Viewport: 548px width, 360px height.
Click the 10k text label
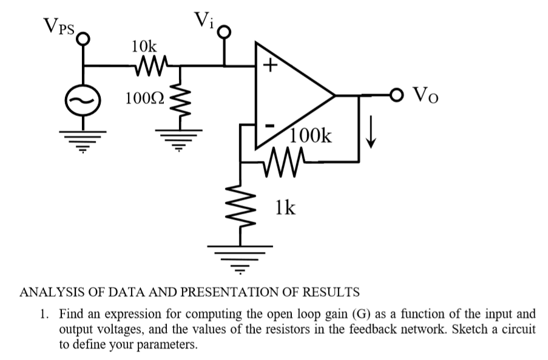(144, 46)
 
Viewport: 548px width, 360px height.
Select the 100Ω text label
(144, 98)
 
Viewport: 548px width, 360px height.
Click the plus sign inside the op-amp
(269, 64)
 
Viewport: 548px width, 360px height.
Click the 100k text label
(311, 136)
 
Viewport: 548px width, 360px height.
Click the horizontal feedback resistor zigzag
(282, 162)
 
